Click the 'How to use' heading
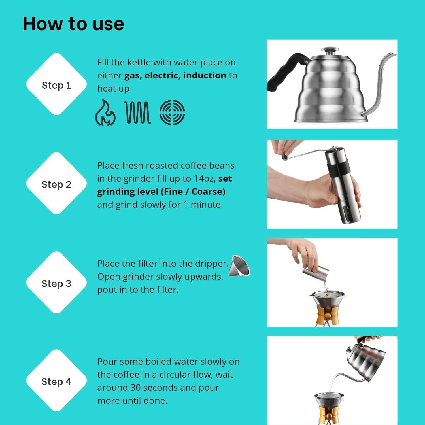pyautogui.click(x=73, y=24)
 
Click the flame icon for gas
pyautogui.click(x=105, y=113)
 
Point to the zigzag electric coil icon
pyautogui.click(x=138, y=113)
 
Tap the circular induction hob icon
pyautogui.click(x=172, y=112)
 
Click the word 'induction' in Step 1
pyautogui.click(x=205, y=75)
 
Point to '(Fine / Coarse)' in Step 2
pyautogui.click(x=193, y=192)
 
